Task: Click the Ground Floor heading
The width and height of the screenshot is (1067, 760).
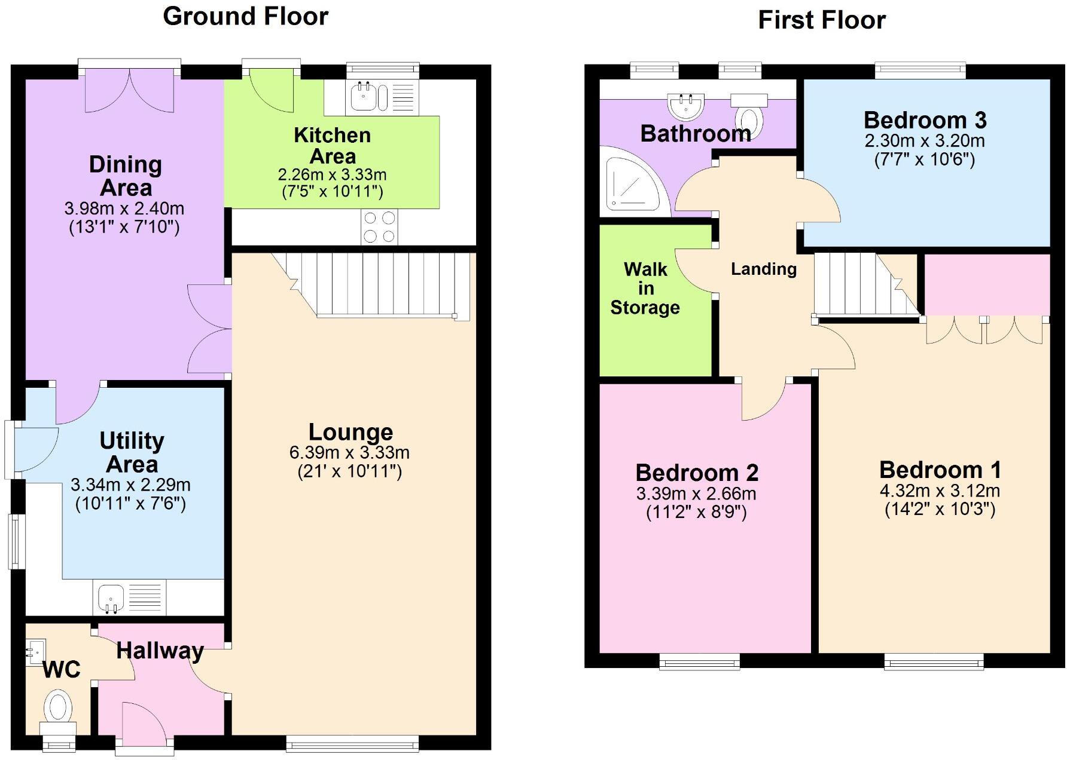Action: click(x=245, y=16)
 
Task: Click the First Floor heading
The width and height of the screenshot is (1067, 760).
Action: click(x=821, y=20)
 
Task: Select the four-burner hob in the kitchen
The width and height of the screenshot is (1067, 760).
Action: click(x=379, y=227)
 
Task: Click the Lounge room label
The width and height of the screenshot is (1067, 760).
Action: click(x=350, y=432)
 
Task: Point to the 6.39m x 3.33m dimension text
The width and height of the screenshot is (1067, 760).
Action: click(x=349, y=452)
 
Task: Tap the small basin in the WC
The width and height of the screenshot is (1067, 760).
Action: click(x=35, y=651)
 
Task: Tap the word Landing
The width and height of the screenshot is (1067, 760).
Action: click(x=764, y=269)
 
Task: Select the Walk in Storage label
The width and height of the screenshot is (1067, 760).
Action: click(x=645, y=288)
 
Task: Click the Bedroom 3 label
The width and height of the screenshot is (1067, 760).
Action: click(x=925, y=121)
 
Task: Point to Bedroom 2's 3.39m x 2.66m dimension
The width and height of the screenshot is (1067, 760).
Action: click(x=696, y=494)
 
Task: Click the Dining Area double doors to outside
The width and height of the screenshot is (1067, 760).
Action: click(x=129, y=90)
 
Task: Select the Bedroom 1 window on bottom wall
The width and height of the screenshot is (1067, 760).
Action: click(x=934, y=661)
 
